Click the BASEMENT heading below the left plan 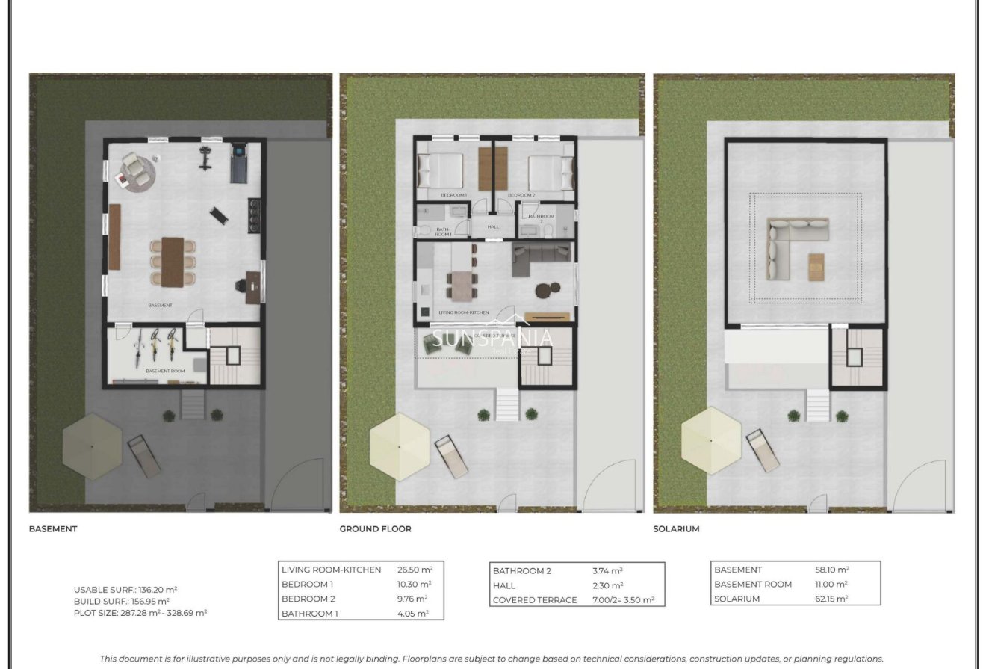pyautogui.click(x=53, y=529)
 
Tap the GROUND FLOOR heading pyautogui.click(x=375, y=529)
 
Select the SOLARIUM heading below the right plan pyautogui.click(x=676, y=529)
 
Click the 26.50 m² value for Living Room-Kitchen pyautogui.click(x=415, y=570)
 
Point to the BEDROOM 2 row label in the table pyautogui.click(x=308, y=599)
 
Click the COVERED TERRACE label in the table pyautogui.click(x=535, y=600)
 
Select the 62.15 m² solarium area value pyautogui.click(x=832, y=599)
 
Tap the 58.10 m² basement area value pyautogui.click(x=832, y=570)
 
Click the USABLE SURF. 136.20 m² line pyautogui.click(x=125, y=589)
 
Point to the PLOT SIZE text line pyautogui.click(x=140, y=613)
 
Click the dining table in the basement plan pyautogui.click(x=173, y=261)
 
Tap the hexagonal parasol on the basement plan pyautogui.click(x=92, y=446)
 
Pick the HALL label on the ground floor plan pyautogui.click(x=494, y=227)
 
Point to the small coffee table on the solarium pyautogui.click(x=816, y=267)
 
